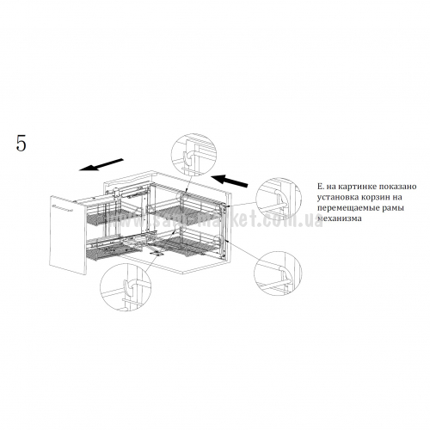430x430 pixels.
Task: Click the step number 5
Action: tap(21, 143)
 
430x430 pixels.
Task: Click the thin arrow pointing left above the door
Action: tap(101, 164)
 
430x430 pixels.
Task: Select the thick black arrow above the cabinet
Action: tap(230, 181)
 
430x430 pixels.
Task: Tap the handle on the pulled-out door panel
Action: tap(63, 208)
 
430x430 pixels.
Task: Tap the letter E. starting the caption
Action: tap(320, 187)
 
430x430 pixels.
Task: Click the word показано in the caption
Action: tap(397, 187)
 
